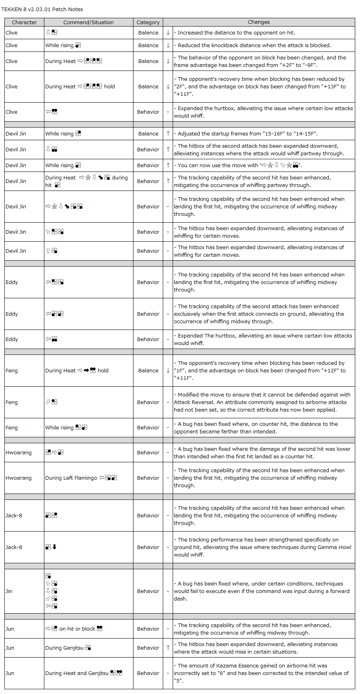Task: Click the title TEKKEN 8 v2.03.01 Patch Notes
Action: coord(42,9)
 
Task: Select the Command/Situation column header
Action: coord(88,22)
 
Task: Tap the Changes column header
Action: coord(259,22)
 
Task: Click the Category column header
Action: coord(148,22)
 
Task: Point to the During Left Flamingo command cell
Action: coord(81,478)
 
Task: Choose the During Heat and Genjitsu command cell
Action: coord(84,673)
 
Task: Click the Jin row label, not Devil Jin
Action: coord(9,591)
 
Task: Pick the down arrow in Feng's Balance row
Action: coord(168,370)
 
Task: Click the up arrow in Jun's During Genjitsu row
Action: coord(168,648)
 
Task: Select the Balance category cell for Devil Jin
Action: coord(148,133)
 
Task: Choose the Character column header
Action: coord(24,22)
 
